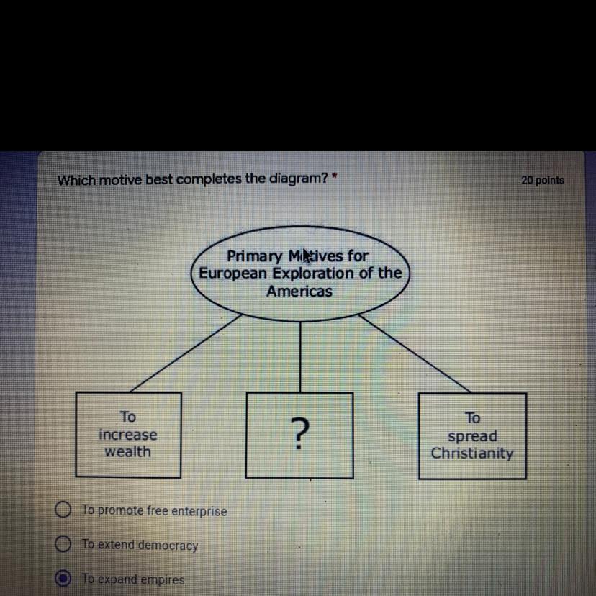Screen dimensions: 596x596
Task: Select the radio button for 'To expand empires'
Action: pos(63,579)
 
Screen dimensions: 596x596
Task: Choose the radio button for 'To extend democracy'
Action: pos(63,544)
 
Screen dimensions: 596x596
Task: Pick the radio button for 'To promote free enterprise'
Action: pos(63,510)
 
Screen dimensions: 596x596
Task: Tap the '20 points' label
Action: pos(543,180)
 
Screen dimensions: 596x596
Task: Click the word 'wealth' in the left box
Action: pos(128,452)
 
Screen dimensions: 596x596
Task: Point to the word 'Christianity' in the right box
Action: pos(472,453)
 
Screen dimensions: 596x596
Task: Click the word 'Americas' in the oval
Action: pos(299,292)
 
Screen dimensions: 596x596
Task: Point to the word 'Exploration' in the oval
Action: pos(314,274)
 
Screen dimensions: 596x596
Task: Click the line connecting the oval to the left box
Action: pos(186,353)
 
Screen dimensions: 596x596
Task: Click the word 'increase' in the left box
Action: pos(128,435)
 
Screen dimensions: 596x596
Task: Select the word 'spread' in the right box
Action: pos(472,436)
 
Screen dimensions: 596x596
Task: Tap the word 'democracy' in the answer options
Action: pos(168,546)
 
